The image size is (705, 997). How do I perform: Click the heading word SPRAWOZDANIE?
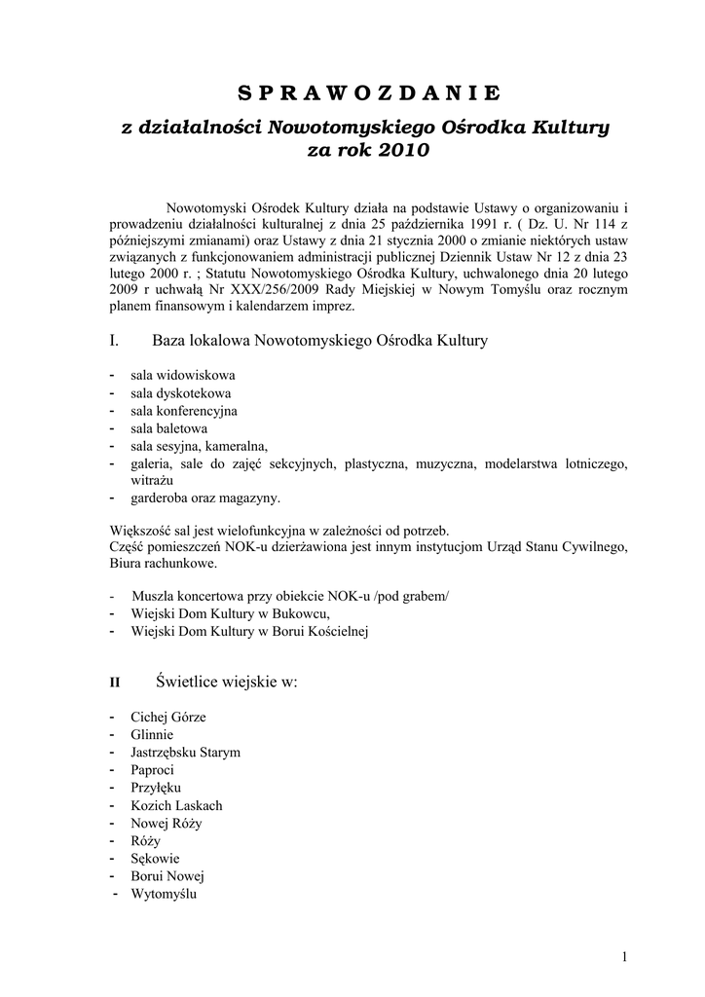[x=369, y=93]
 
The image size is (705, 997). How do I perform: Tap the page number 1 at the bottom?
[x=623, y=956]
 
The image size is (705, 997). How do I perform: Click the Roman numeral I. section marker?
[x=114, y=341]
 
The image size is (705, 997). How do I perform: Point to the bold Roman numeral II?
[x=113, y=683]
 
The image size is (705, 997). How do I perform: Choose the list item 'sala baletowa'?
[x=168, y=427]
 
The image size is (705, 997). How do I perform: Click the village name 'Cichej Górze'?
[x=167, y=718]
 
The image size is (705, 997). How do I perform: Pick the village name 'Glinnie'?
[x=152, y=735]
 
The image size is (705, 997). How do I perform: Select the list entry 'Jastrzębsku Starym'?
[x=185, y=753]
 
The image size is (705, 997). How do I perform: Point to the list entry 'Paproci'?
[x=153, y=770]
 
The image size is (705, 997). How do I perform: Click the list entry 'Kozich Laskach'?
[x=176, y=805]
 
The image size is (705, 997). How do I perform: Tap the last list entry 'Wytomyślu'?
[x=164, y=893]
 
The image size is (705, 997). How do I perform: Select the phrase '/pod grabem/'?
[x=414, y=596]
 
